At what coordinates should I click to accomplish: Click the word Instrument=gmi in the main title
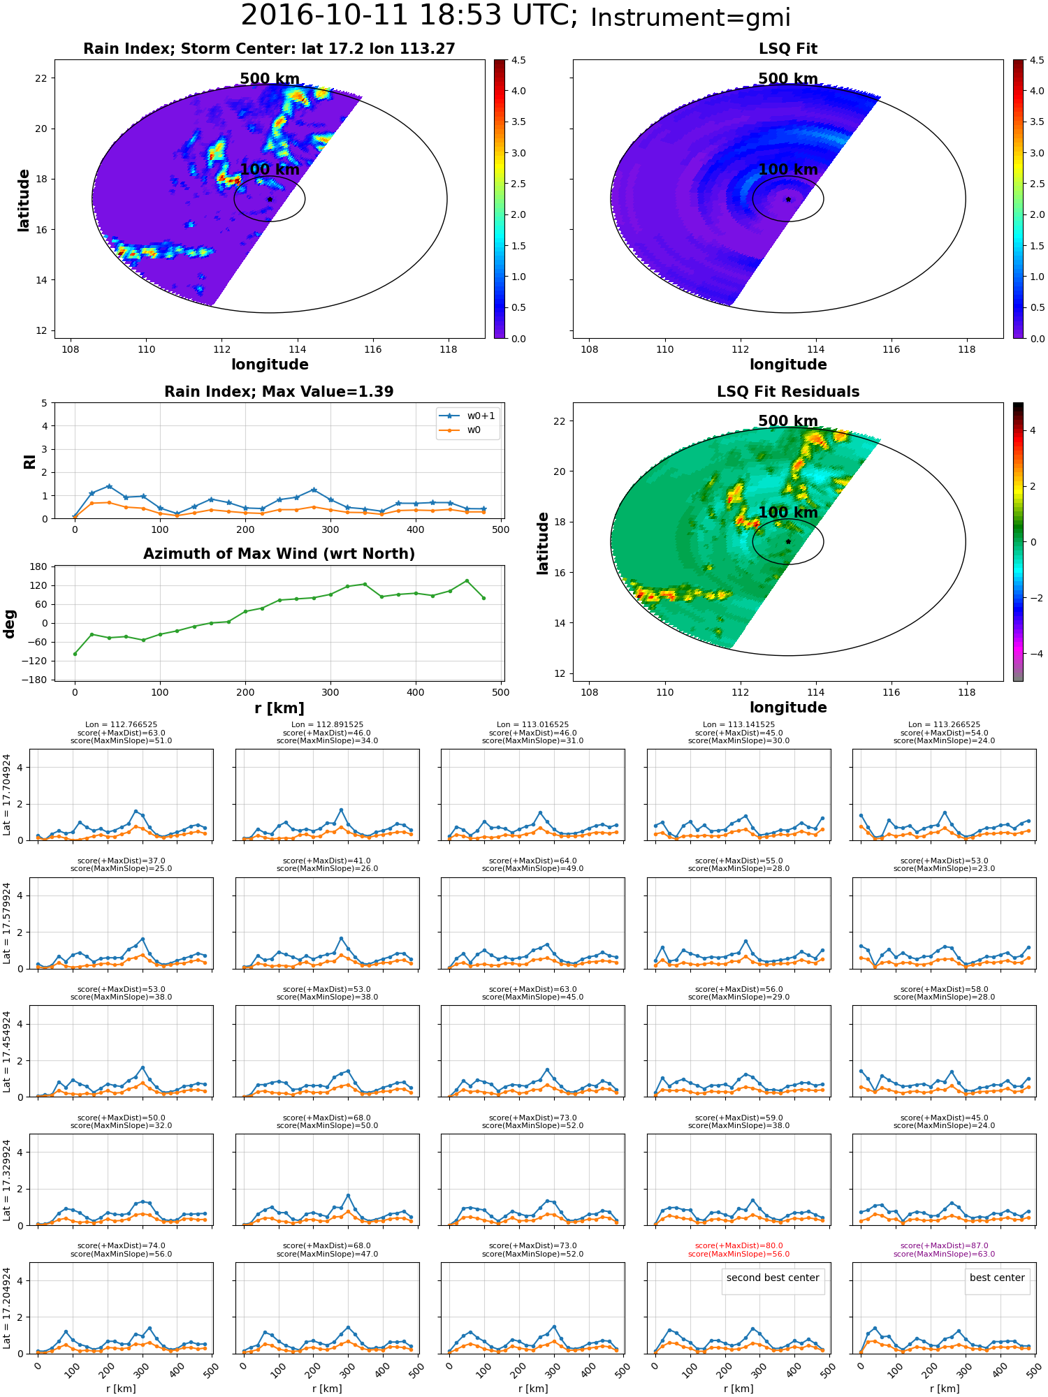coord(690,18)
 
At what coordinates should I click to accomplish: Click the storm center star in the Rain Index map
coord(270,199)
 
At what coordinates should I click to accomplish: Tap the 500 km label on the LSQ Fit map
coord(788,79)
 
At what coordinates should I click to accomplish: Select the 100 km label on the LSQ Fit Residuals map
coord(788,512)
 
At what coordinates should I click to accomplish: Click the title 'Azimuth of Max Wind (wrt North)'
coord(279,554)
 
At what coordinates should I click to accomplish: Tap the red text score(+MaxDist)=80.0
coord(738,1245)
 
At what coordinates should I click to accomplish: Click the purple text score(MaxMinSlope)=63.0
coord(944,1254)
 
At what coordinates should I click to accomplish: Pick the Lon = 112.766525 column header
coord(121,724)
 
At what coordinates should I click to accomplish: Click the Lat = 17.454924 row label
coord(7,1051)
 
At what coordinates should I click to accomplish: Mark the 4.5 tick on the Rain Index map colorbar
coord(518,60)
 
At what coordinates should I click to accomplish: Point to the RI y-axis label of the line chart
coord(29,461)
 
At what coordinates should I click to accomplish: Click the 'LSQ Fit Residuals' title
coord(788,392)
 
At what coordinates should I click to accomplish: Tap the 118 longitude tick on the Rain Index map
coord(449,349)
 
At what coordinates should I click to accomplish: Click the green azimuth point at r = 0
coord(75,654)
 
